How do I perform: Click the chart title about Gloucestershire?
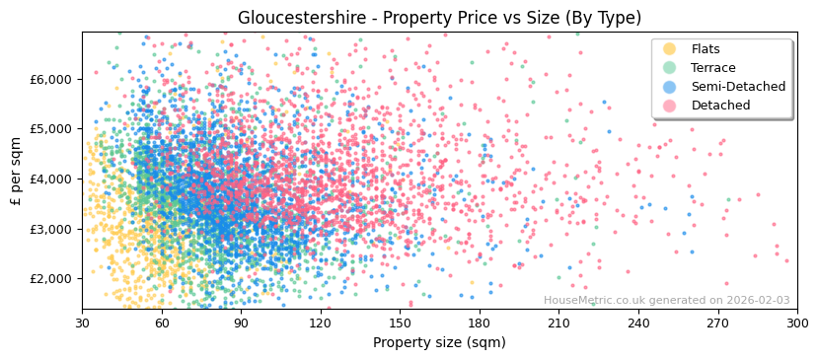pyautogui.click(x=439, y=18)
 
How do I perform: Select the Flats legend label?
pyautogui.click(x=706, y=49)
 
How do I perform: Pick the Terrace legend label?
pyautogui.click(x=712, y=68)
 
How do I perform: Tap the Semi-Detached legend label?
pyautogui.click(x=738, y=87)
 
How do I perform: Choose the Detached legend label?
pyautogui.click(x=720, y=106)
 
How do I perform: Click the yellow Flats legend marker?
pyautogui.click(x=670, y=49)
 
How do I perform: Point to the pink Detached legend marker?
pyautogui.click(x=670, y=106)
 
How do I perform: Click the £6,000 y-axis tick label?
pyautogui.click(x=54, y=79)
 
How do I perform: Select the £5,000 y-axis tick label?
pyautogui.click(x=54, y=128)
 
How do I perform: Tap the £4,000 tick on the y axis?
pyautogui.click(x=54, y=179)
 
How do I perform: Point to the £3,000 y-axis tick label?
pyautogui.click(x=54, y=229)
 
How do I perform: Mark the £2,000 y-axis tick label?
pyautogui.click(x=54, y=278)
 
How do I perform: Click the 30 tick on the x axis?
pyautogui.click(x=82, y=323)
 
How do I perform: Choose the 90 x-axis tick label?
pyautogui.click(x=241, y=323)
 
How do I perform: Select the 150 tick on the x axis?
pyautogui.click(x=400, y=323)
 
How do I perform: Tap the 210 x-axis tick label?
pyautogui.click(x=558, y=323)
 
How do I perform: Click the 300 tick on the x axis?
pyautogui.click(x=797, y=323)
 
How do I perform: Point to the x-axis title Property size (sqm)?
pyautogui.click(x=439, y=342)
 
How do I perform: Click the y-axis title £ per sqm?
pyautogui.click(x=17, y=172)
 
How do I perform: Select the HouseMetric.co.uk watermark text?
pyautogui.click(x=666, y=301)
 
